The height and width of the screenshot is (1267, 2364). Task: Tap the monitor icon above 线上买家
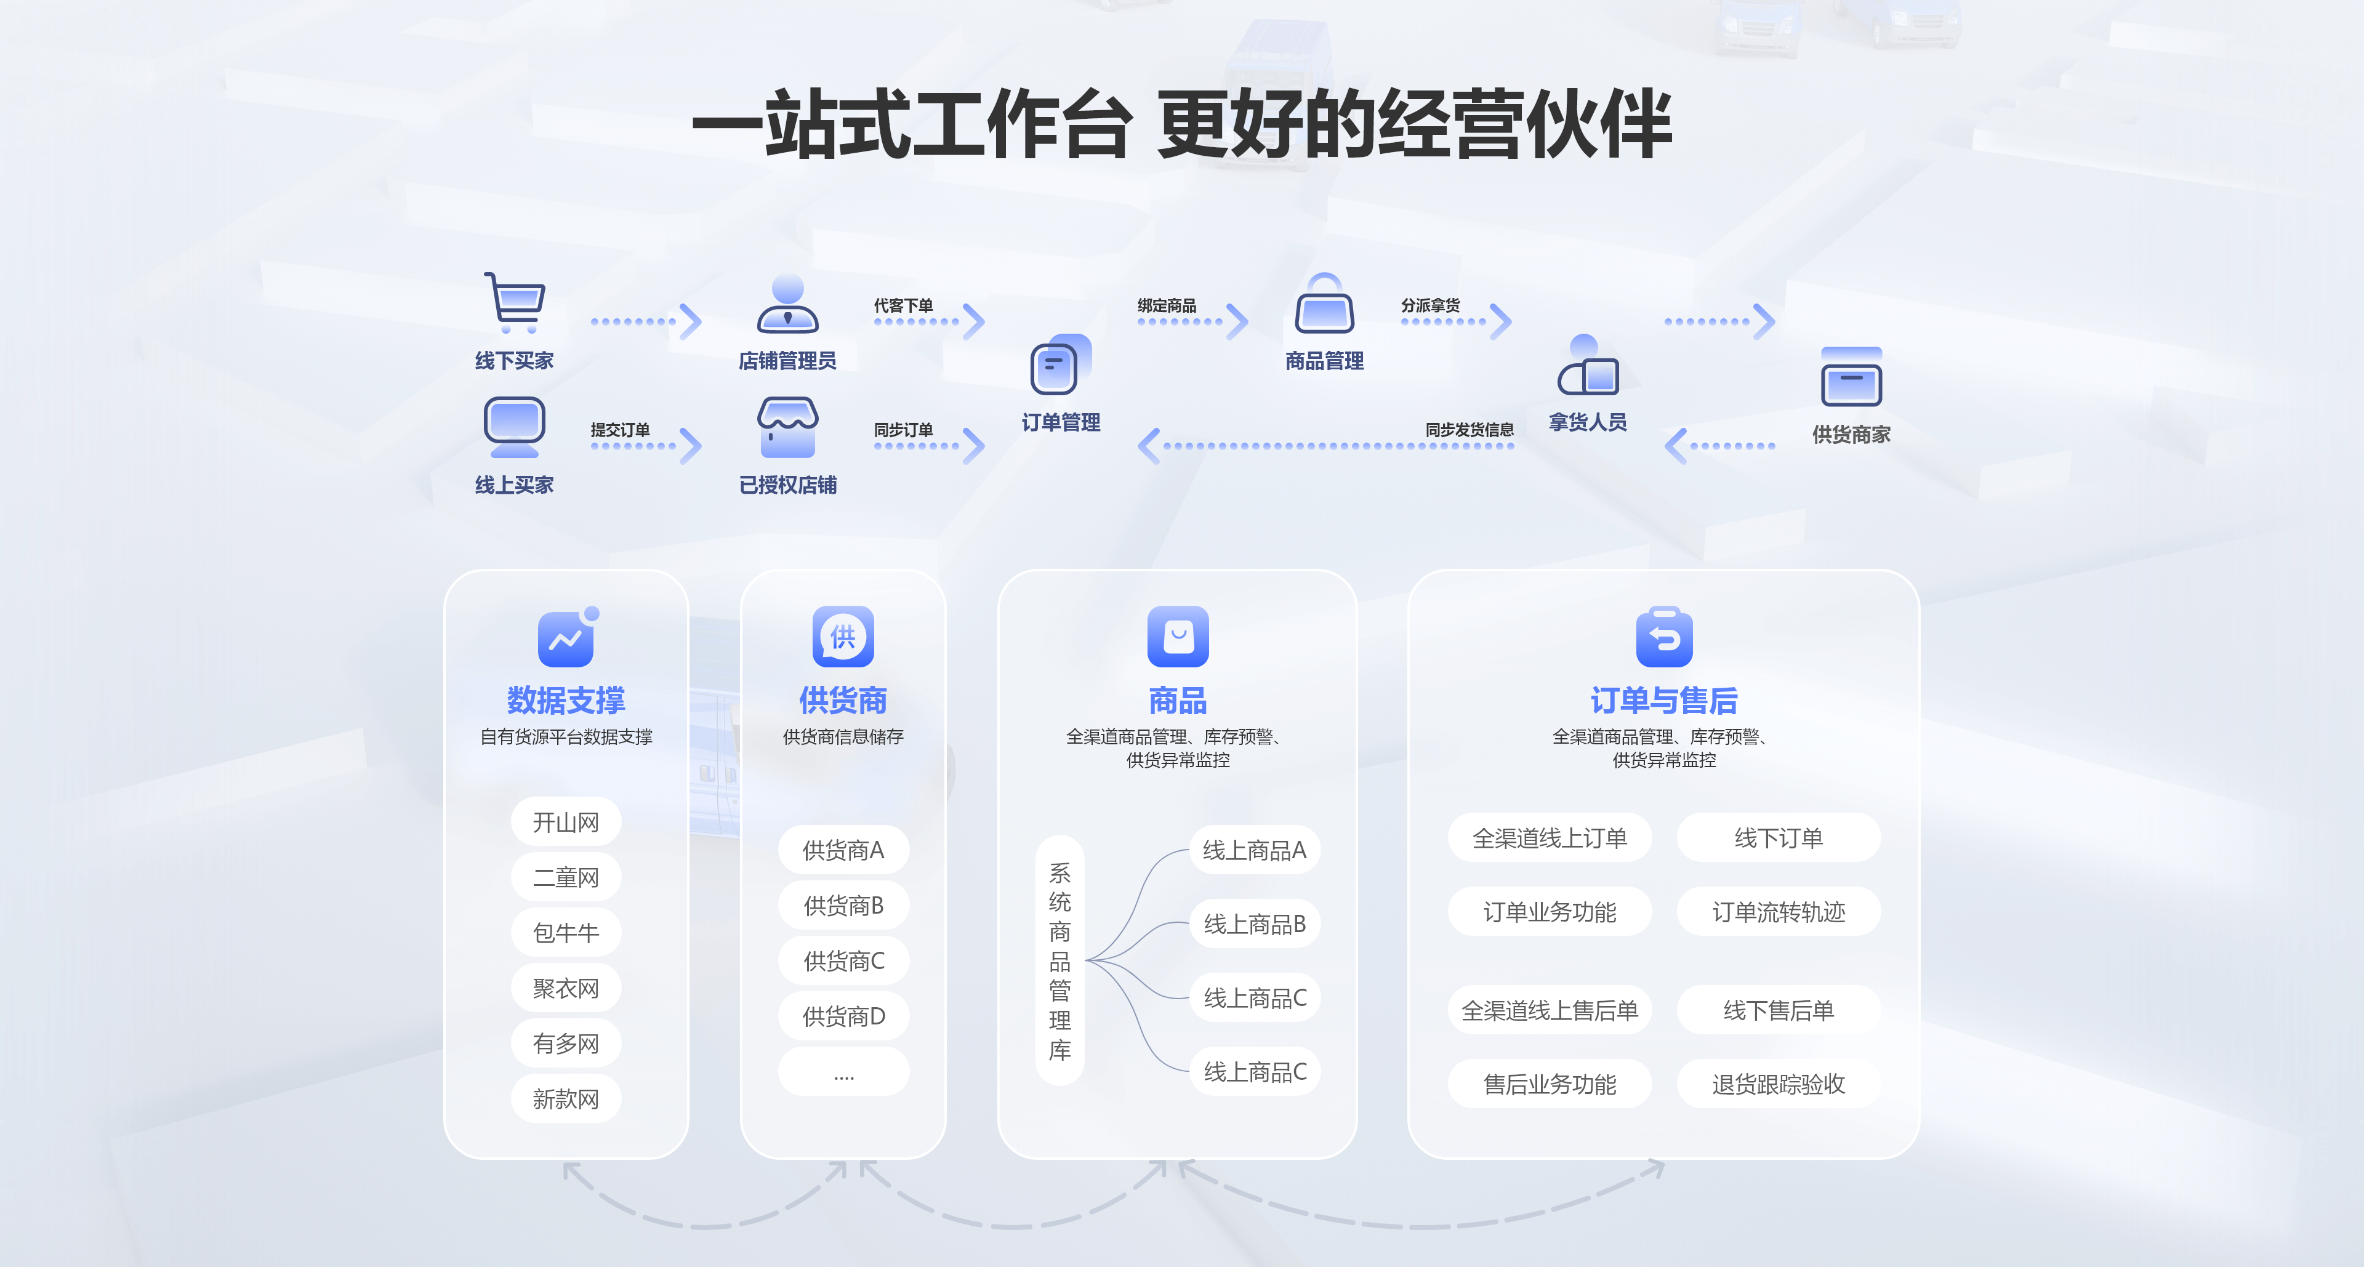point(514,425)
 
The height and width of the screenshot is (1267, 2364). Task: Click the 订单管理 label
point(1061,422)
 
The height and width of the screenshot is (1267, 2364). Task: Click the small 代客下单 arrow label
point(903,305)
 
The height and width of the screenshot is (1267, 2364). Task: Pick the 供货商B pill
point(843,906)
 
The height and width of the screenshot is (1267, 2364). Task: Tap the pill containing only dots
point(843,1072)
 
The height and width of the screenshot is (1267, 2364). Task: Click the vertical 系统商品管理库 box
point(1060,960)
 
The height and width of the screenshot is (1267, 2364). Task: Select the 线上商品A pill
point(1255,850)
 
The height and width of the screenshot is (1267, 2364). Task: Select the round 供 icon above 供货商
point(842,637)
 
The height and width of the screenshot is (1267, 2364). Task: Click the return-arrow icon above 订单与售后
point(1664,637)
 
